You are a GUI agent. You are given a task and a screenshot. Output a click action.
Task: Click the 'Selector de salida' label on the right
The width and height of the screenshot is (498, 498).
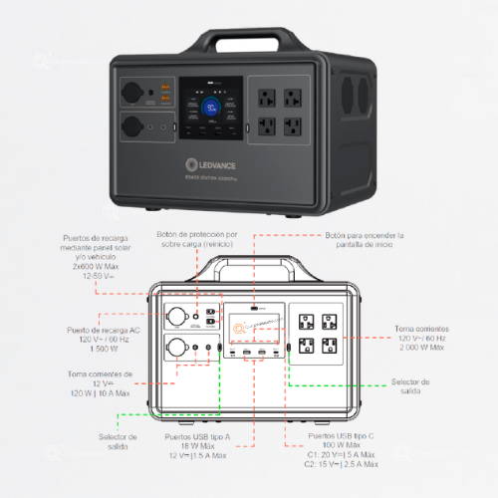pyautogui.click(x=410, y=386)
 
